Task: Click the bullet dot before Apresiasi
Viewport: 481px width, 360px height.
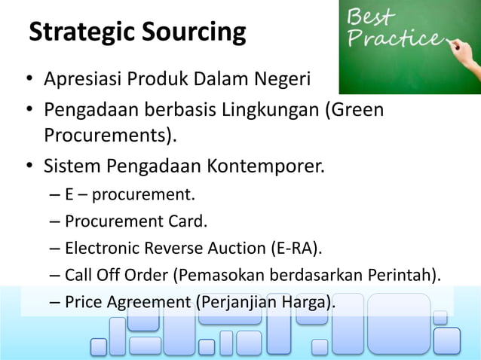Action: pos(28,80)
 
